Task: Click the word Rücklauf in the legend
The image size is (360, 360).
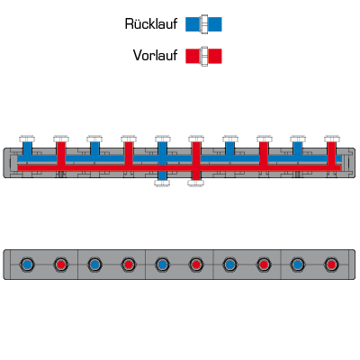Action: [151, 24]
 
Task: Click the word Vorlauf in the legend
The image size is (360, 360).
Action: [155, 56]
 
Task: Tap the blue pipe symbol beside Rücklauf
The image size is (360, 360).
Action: [203, 24]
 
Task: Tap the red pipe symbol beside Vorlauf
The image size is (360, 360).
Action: [203, 56]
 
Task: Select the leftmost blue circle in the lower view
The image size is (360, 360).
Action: [27, 265]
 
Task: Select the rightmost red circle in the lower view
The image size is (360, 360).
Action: [331, 265]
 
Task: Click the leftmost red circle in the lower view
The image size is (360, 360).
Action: [61, 265]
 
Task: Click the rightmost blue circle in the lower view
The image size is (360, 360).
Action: [297, 265]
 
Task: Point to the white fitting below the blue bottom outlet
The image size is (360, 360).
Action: [162, 183]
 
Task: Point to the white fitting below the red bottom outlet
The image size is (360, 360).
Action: [196, 183]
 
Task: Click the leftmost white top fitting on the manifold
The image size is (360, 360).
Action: [27, 139]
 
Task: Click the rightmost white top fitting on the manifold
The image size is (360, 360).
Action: [332, 139]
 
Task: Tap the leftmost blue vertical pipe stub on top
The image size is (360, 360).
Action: [27, 148]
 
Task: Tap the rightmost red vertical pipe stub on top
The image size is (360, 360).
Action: [331, 153]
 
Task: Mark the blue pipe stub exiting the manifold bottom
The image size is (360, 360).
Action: [162, 175]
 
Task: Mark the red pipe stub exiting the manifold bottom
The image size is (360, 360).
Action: [196, 175]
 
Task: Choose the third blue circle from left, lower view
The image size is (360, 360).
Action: [162, 265]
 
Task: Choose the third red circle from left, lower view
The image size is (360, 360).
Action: [196, 265]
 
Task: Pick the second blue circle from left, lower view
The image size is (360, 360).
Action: [94, 265]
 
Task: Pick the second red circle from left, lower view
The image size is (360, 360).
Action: [129, 265]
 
